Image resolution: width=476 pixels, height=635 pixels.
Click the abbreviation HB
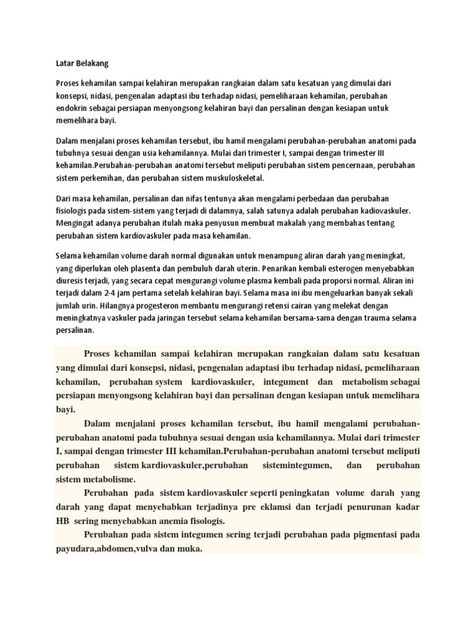click(x=63, y=520)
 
